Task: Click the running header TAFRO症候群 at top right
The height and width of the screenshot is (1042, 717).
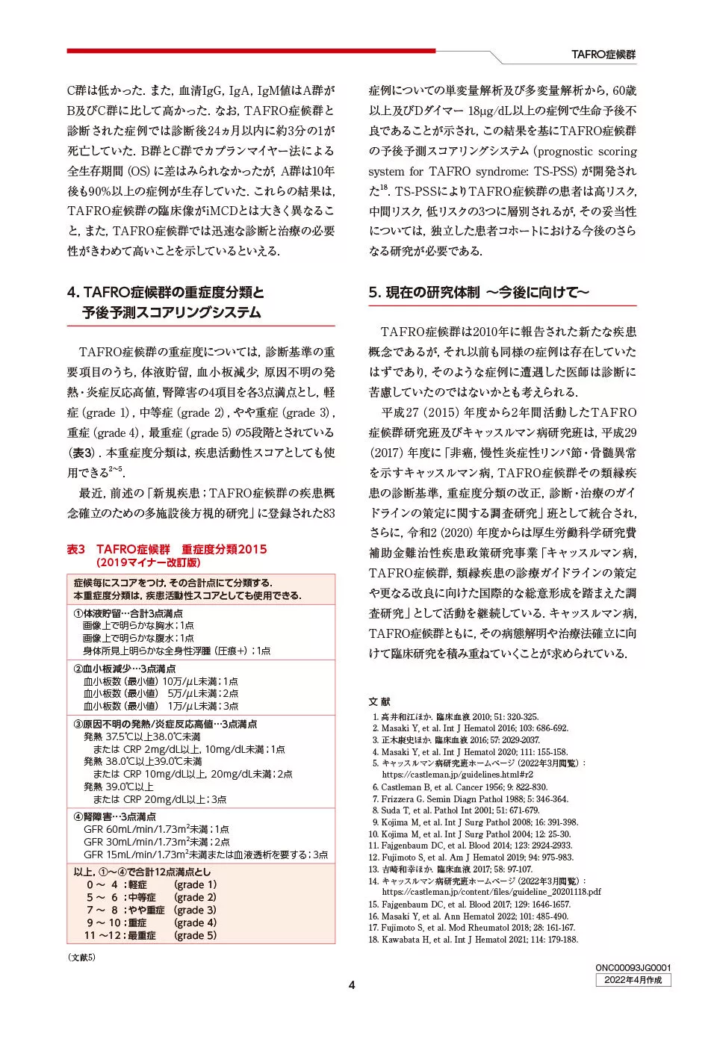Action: click(603, 55)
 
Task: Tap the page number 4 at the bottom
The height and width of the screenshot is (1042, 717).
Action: click(352, 984)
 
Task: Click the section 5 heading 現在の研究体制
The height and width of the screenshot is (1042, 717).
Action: click(479, 292)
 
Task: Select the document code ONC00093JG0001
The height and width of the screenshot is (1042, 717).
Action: click(633, 967)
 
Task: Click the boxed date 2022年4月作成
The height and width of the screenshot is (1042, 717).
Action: click(633, 980)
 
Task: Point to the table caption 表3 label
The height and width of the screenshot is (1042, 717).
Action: click(76, 549)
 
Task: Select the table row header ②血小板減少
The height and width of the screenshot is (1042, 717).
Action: click(124, 669)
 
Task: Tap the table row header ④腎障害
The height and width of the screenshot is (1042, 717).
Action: click(114, 816)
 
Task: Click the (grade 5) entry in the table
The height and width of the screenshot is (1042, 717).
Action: click(195, 935)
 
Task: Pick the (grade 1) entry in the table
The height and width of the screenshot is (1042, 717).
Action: click(195, 884)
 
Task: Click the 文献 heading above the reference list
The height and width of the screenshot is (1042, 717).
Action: click(379, 701)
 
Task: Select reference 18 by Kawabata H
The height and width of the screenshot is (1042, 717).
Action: click(474, 939)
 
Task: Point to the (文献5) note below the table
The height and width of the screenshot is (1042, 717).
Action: click(81, 957)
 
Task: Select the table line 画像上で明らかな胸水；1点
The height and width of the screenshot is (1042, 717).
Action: click(138, 625)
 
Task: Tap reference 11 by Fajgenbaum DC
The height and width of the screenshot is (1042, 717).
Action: click(471, 846)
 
